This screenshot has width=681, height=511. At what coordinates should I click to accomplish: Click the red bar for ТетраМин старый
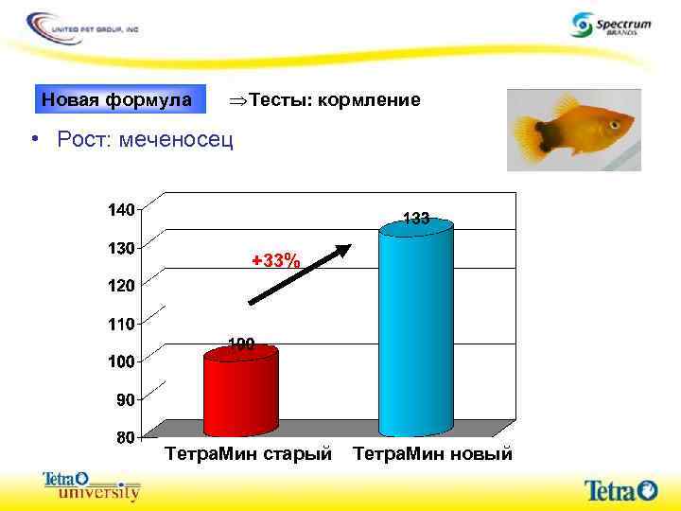coord(241,393)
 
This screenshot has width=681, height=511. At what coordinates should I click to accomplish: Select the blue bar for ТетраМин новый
coord(416,331)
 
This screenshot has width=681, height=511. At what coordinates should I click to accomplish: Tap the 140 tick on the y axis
coord(119,209)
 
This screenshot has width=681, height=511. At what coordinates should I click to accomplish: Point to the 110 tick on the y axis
coord(119,324)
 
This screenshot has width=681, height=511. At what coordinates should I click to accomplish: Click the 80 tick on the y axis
coord(124,437)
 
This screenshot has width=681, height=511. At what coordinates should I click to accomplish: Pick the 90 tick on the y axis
coord(124,399)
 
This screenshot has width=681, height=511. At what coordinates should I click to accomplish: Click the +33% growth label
coord(275,261)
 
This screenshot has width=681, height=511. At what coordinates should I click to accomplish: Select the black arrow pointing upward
coord(299,274)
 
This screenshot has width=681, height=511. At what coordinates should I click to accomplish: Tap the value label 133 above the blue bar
coord(416,219)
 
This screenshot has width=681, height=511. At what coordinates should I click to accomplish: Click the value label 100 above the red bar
coord(240,345)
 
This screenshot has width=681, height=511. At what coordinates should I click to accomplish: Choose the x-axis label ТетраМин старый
coord(249,454)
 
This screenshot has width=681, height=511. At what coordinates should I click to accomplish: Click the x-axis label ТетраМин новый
coord(432,454)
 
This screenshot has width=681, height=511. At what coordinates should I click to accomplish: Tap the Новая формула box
coord(117,99)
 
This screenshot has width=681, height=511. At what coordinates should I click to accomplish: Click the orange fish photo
coord(573,130)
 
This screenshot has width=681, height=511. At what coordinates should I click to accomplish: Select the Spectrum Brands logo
coord(611,25)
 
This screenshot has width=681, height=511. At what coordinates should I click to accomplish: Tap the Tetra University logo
coord(92,485)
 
